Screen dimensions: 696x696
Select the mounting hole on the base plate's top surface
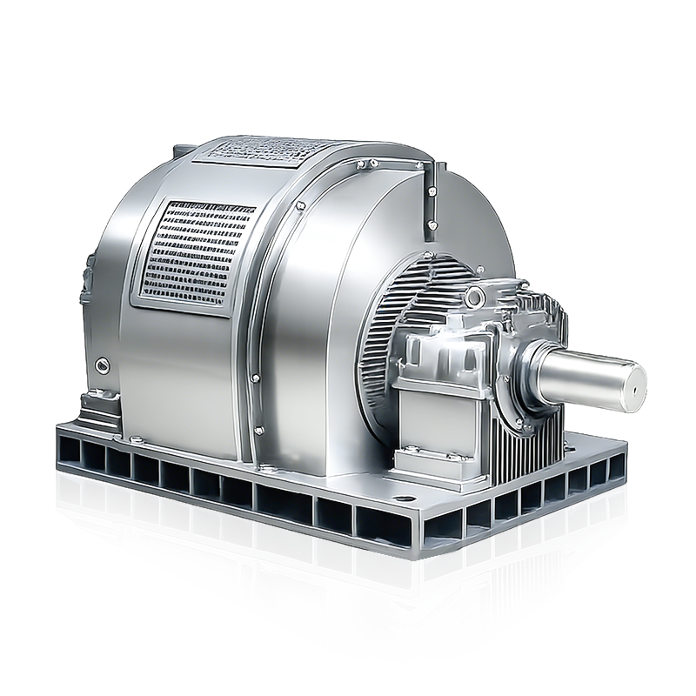coord(403,500)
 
